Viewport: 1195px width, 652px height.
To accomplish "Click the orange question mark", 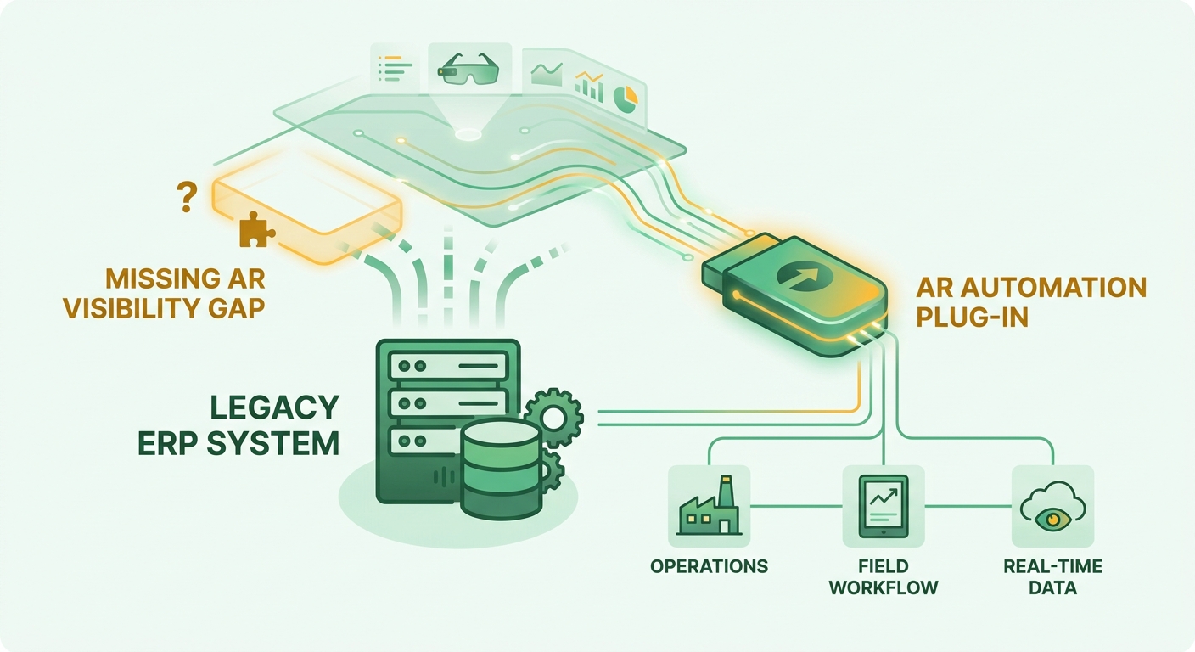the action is pos(186,196).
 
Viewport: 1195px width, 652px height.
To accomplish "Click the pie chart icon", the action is pos(626,98).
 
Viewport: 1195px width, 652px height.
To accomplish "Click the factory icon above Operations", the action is pos(709,505).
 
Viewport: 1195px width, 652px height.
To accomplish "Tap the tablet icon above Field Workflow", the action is pos(884,506).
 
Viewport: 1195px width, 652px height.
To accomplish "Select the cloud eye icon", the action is pos(1052,506).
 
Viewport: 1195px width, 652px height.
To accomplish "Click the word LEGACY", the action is pos(275,408).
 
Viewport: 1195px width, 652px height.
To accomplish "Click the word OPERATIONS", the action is pos(709,566).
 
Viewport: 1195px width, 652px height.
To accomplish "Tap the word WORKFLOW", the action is pos(884,588).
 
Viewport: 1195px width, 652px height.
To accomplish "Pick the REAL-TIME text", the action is pos(1052,566).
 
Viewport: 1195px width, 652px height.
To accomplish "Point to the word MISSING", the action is pos(156,279).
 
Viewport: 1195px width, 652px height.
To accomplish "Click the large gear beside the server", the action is pos(553,418).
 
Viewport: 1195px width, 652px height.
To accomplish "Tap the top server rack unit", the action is pos(448,367).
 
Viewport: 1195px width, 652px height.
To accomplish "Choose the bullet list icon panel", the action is pos(395,68).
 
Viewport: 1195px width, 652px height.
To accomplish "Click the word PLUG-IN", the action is pos(972,318).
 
